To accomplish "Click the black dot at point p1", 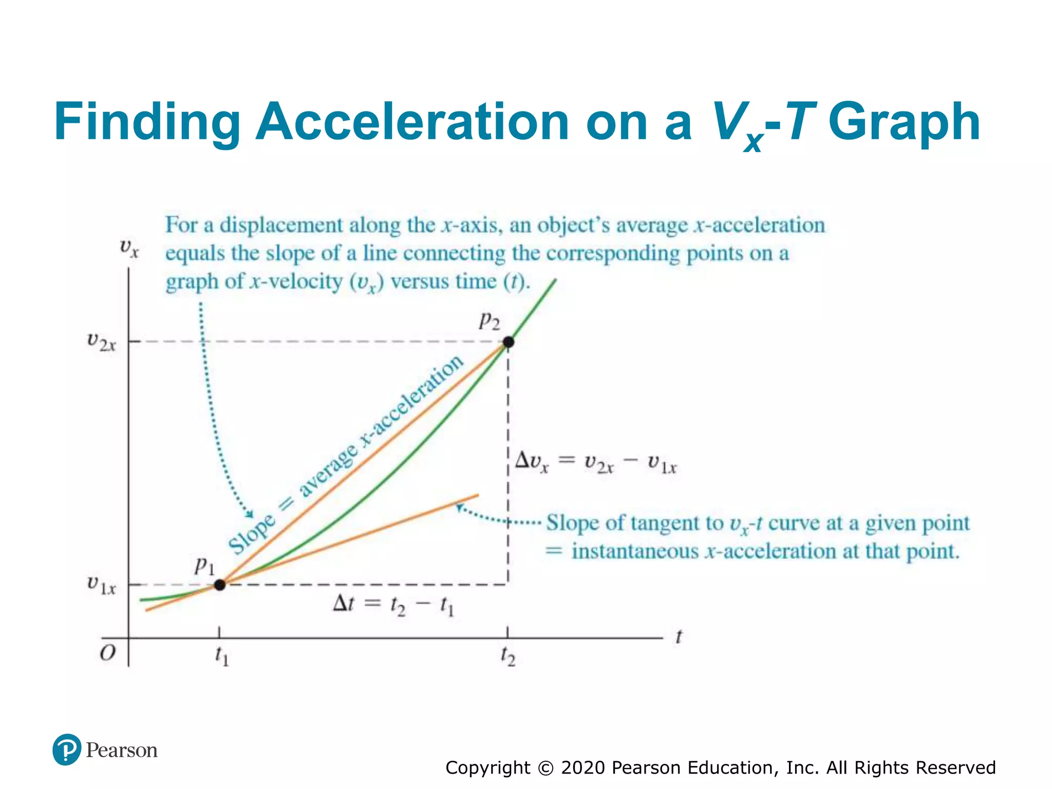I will tap(219, 585).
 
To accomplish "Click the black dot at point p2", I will tap(508, 342).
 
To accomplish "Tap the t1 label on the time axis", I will tap(221, 656).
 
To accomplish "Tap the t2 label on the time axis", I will tap(508, 656).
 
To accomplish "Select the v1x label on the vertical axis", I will tap(101, 585).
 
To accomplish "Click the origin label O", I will tap(107, 653).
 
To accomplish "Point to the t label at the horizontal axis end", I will tap(679, 637).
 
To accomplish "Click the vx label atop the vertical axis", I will tap(129, 248).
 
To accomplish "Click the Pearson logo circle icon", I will tap(67, 749).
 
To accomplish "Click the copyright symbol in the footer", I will tap(546, 767).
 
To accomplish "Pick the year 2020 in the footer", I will tap(583, 767).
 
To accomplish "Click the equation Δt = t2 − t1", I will tap(393, 605).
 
